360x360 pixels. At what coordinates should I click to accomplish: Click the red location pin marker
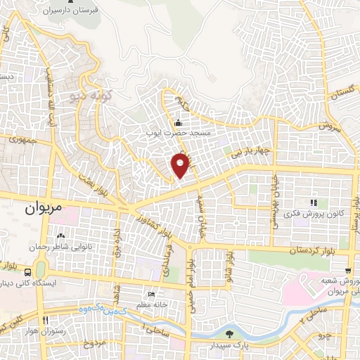181,165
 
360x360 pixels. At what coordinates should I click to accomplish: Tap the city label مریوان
44,209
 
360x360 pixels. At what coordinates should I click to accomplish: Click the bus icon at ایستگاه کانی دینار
27,271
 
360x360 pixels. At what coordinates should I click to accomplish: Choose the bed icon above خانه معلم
150,294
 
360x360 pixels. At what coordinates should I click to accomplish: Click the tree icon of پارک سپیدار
231,335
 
